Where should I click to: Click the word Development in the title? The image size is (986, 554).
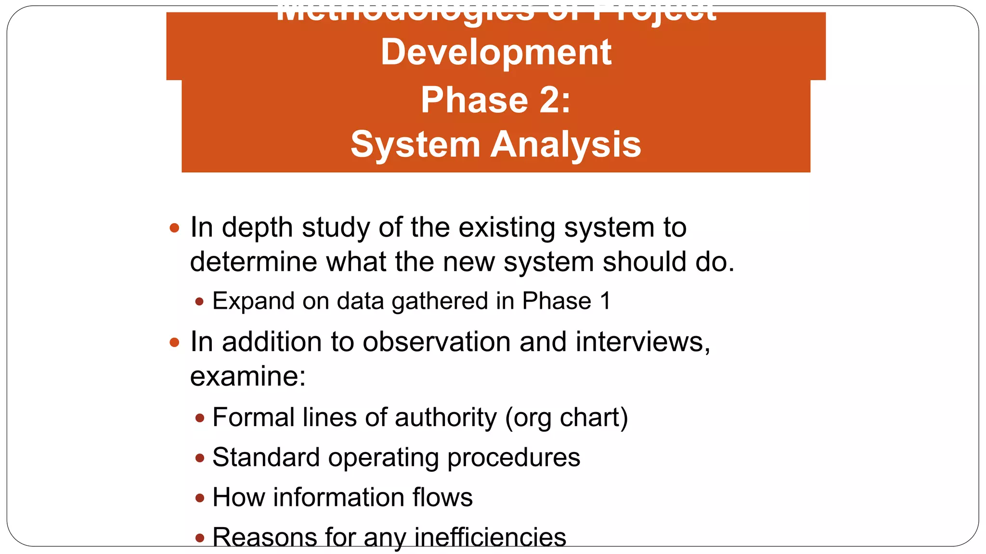[x=496, y=52]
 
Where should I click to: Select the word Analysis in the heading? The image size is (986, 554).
[x=566, y=144]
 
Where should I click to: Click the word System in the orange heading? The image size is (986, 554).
[x=415, y=144]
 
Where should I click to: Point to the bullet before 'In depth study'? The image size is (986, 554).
[x=175, y=227]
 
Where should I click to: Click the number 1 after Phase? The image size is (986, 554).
[x=605, y=302]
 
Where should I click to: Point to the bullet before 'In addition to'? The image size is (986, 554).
[x=175, y=342]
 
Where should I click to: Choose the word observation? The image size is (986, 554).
[x=437, y=342]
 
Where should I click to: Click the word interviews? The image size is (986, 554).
[x=642, y=342]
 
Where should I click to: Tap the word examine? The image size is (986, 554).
[x=248, y=377]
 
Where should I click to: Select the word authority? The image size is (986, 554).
[x=445, y=417]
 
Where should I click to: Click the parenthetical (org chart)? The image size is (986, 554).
[x=566, y=418]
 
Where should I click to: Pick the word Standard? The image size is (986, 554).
[x=266, y=457]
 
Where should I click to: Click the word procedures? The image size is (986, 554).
[x=514, y=458]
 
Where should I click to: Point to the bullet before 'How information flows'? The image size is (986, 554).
[x=200, y=498]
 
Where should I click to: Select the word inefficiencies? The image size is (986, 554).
[x=490, y=537]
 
